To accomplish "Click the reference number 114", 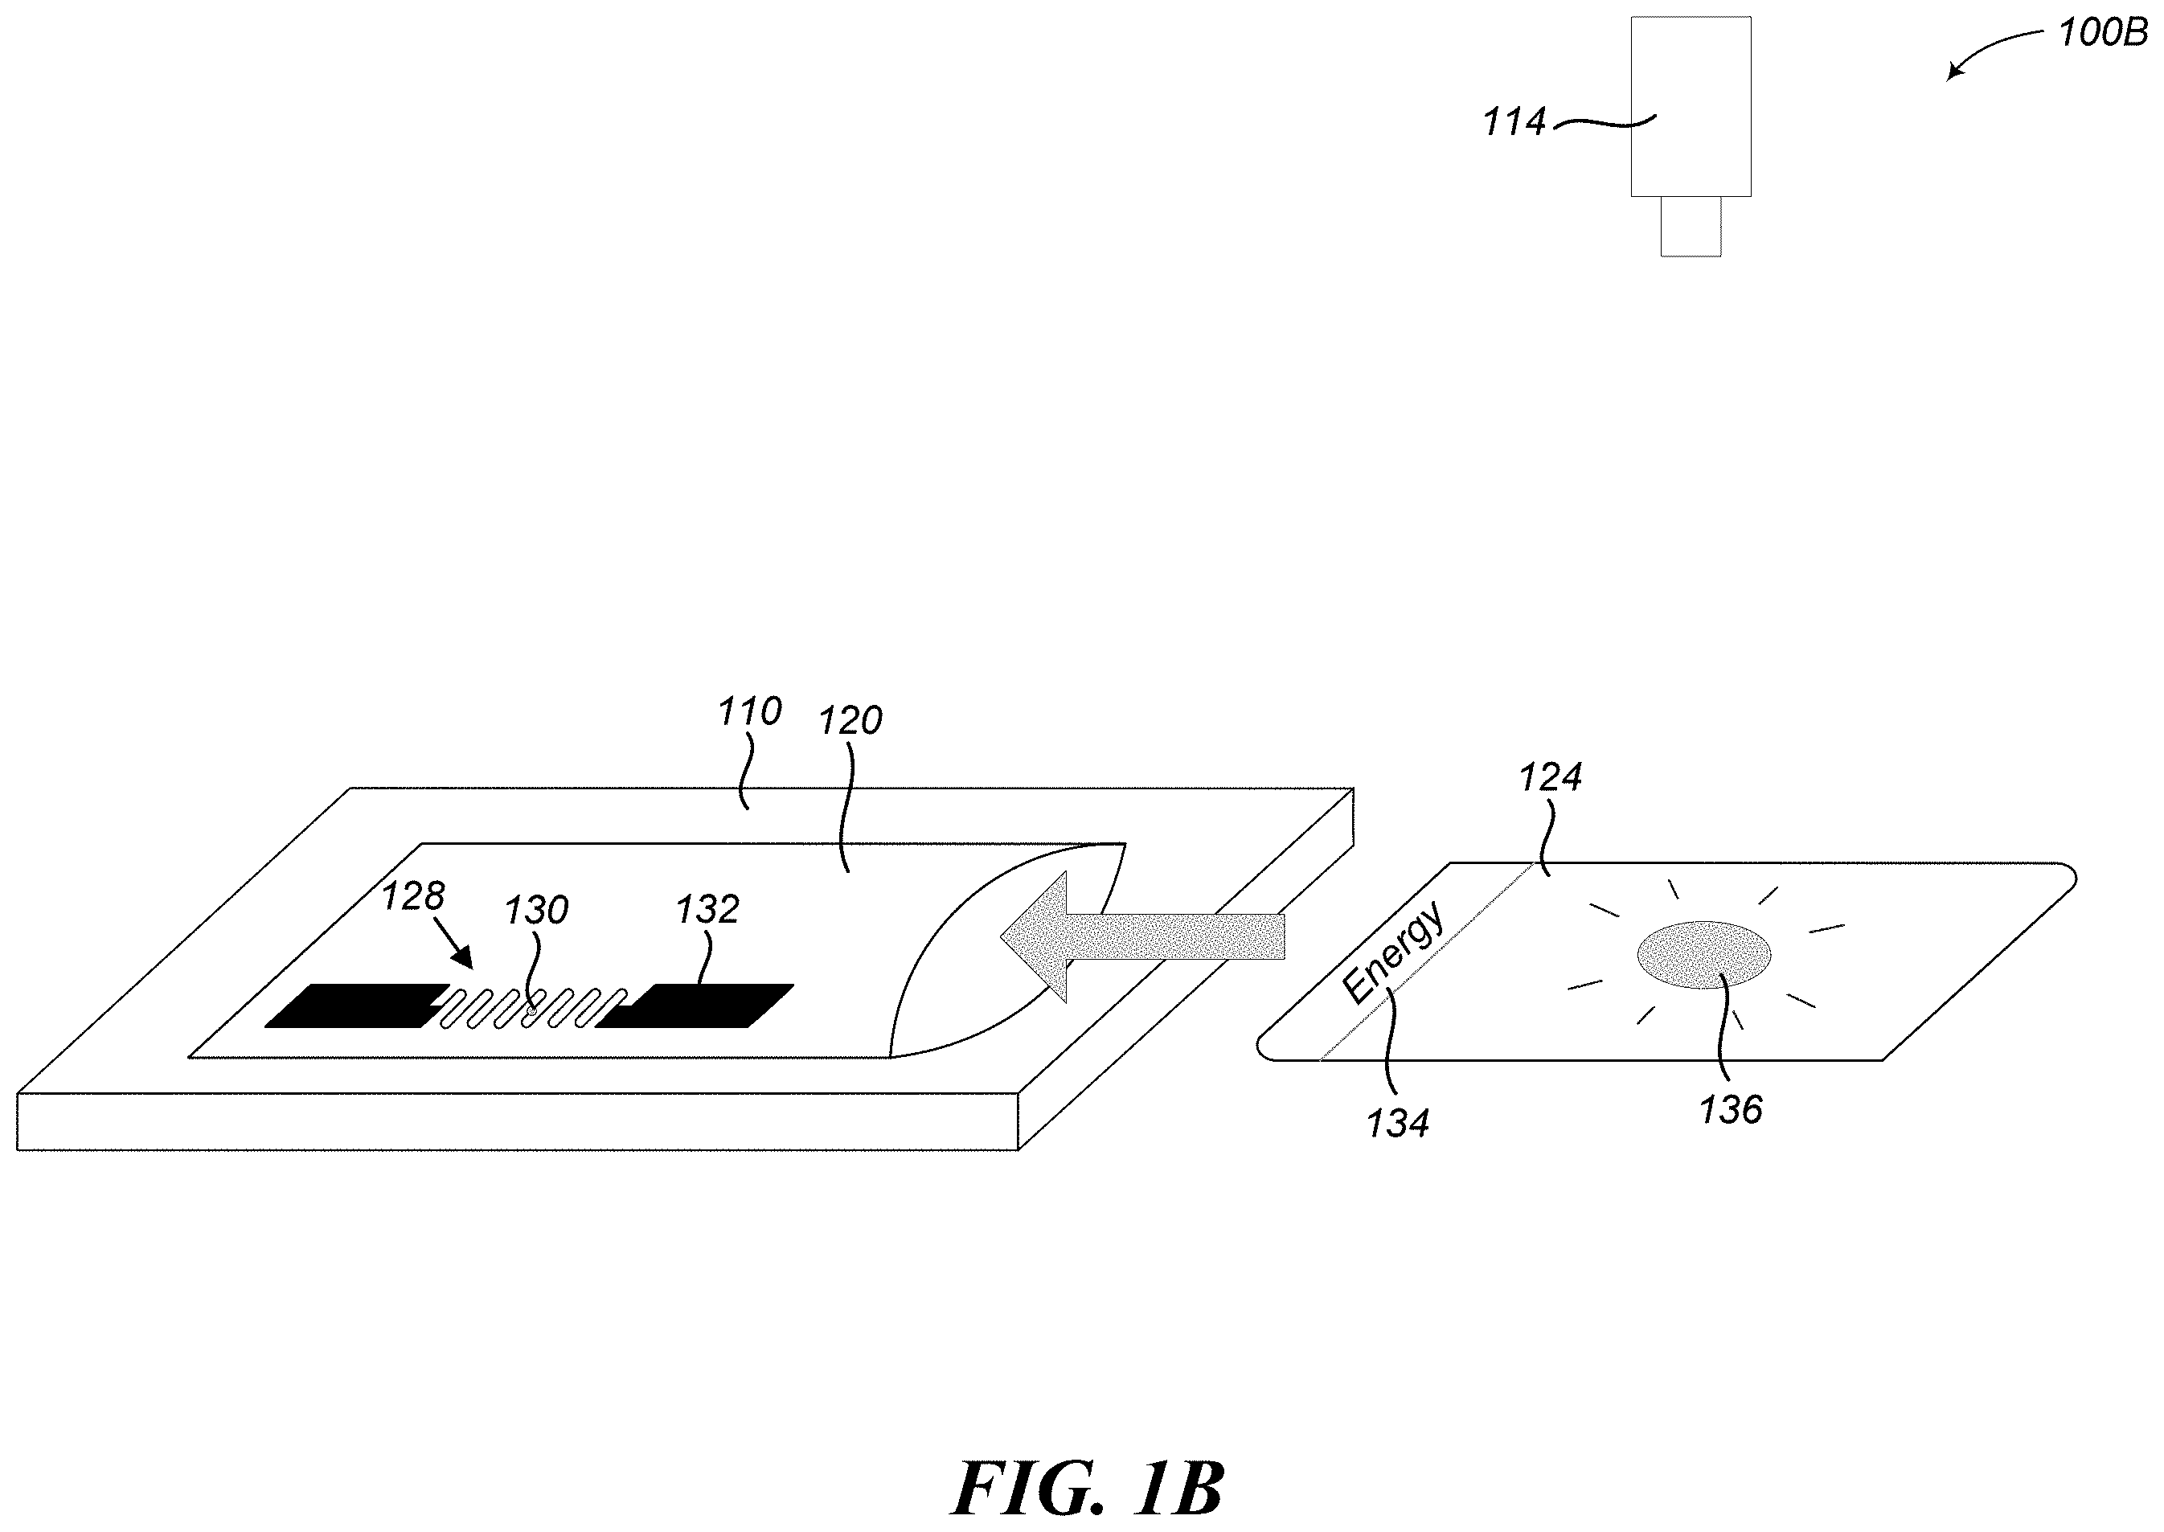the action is point(1514,123).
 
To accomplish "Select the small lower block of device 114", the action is point(1691,227).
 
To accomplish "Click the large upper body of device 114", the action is point(1691,107).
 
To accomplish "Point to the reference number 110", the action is point(749,711).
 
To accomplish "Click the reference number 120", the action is point(850,721).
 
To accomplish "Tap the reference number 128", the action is point(412,896).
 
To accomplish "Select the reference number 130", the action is point(536,911).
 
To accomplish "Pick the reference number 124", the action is point(1550,777).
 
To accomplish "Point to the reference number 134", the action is point(1398,1124).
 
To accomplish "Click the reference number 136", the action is point(1730,1110).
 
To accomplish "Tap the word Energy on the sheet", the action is point(1392,952).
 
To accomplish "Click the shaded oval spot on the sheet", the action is point(1703,954).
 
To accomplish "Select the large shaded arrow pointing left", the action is point(1142,936).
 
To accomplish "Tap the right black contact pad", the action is point(695,1006).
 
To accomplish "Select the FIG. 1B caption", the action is point(1088,1488).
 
